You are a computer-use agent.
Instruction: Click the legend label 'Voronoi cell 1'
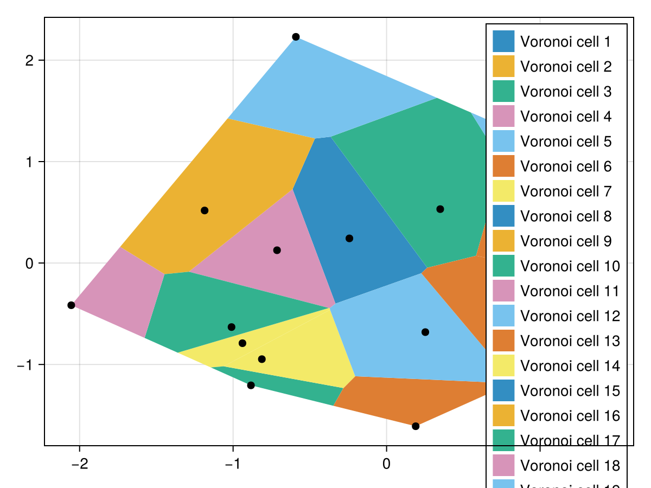point(565,42)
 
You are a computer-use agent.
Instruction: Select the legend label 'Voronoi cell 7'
point(565,191)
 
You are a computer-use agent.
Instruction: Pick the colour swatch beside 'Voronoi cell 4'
point(503,117)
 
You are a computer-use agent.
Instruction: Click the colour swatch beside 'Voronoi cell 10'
point(503,266)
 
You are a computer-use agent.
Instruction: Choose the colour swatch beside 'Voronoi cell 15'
point(503,391)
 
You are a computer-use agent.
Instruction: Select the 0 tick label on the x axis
point(386,464)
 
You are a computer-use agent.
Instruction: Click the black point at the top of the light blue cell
point(296,37)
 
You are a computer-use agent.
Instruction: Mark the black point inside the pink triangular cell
point(277,250)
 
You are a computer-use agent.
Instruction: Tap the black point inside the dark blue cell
point(349,239)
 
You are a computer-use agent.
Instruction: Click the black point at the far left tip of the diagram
point(71,305)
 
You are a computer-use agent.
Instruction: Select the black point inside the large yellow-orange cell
point(205,210)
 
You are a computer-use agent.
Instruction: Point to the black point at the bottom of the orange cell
point(416,426)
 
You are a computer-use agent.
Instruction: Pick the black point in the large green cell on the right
point(440,209)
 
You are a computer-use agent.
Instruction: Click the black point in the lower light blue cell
point(425,332)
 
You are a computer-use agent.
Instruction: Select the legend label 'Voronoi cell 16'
point(569,416)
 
